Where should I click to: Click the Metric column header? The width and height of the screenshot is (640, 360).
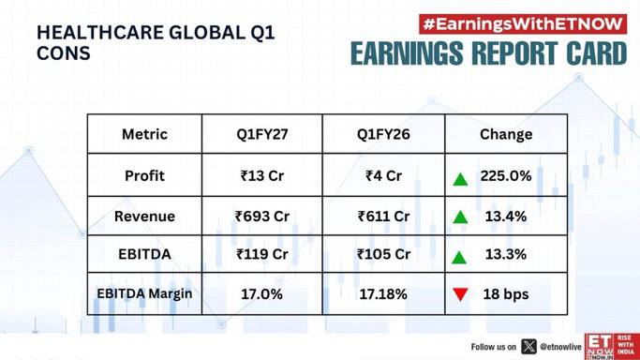coord(144,134)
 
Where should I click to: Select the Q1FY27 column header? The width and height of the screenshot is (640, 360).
coord(262,134)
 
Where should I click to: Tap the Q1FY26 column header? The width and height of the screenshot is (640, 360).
coord(383,134)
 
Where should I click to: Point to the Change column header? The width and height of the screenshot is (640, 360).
coord(506,134)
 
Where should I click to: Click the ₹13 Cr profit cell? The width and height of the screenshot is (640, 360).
coord(262,176)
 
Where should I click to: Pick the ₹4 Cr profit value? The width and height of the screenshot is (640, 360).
coord(383,176)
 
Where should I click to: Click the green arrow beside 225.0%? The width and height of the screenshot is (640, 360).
coord(460,179)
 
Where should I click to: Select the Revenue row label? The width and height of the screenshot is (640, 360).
coord(144,217)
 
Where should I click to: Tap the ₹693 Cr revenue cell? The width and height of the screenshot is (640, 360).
coord(262,217)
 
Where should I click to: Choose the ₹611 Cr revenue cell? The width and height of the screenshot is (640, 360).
coord(383,217)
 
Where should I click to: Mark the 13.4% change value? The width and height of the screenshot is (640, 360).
coord(506,217)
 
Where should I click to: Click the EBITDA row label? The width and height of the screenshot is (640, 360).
coord(144,254)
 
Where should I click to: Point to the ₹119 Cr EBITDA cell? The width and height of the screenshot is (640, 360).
coord(262,254)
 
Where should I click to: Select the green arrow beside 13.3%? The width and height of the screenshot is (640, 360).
coord(459,257)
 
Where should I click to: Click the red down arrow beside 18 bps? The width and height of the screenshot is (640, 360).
coord(460,294)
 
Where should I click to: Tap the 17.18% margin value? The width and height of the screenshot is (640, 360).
coord(383,294)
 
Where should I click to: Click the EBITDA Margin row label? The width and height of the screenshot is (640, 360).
coord(144,293)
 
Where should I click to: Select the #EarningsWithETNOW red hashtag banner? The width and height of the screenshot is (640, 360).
coord(523,24)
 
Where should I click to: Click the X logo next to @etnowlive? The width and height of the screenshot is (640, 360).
coord(529,347)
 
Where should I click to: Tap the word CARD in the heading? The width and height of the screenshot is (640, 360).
coord(596,53)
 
